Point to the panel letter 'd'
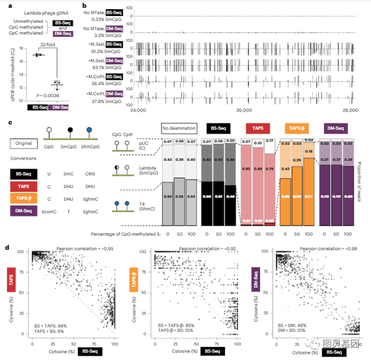(x=6, y=247)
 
